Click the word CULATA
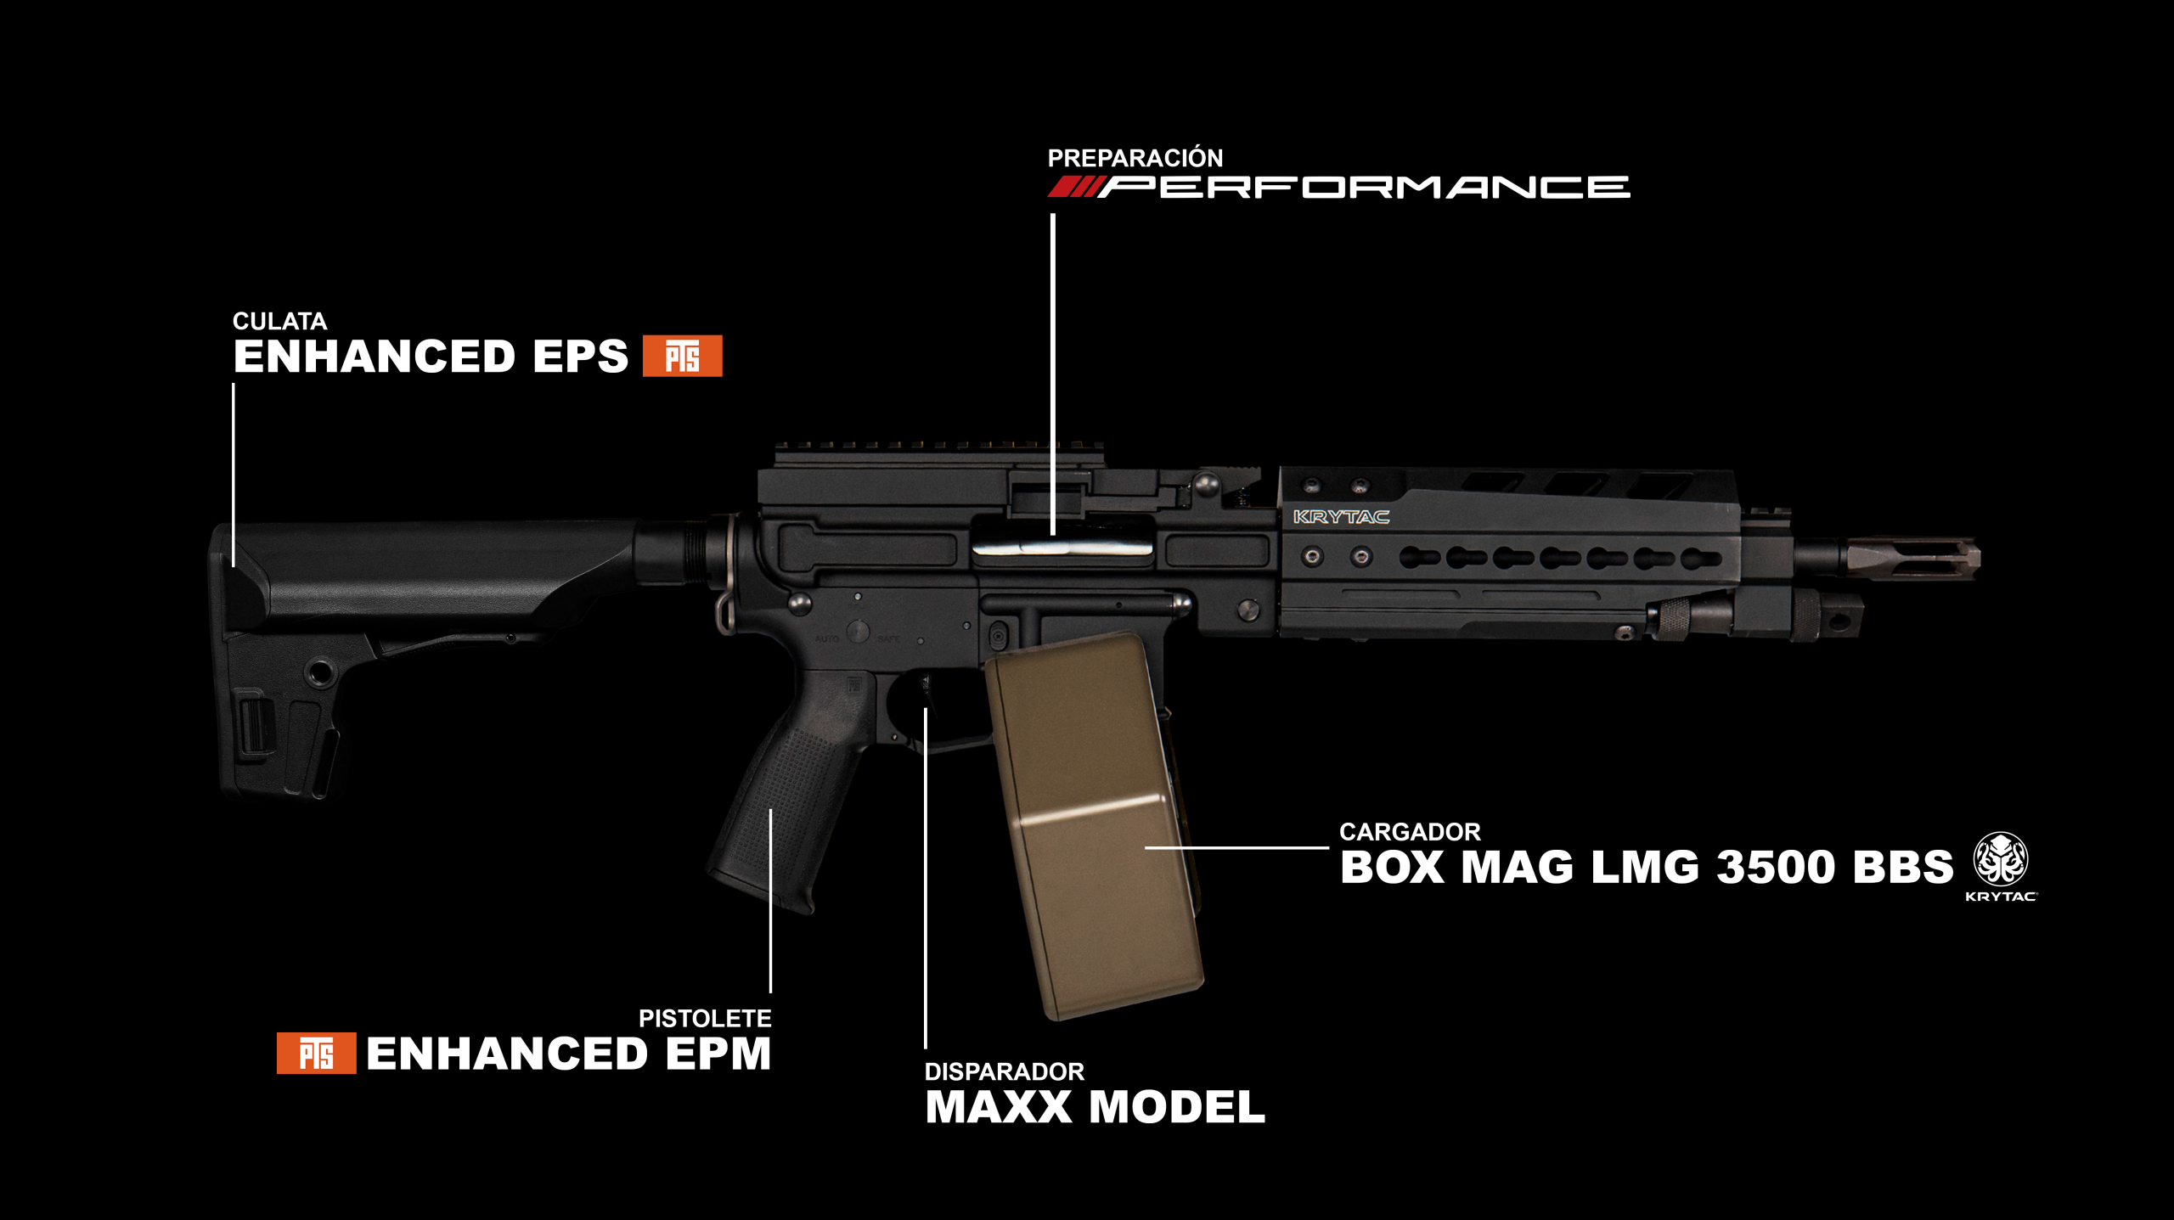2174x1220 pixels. [279, 322]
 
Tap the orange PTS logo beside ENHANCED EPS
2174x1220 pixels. [682, 356]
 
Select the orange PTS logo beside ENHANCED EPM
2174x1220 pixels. [316, 1054]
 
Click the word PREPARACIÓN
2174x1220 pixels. [1135, 158]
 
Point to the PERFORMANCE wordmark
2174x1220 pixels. [1364, 187]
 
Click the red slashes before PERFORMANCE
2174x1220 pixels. [1075, 187]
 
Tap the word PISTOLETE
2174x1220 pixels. [705, 1019]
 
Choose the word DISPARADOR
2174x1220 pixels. [1004, 1072]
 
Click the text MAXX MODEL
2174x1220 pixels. [1095, 1107]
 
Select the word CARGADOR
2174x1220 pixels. [1410, 832]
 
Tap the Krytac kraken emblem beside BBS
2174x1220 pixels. [2000, 859]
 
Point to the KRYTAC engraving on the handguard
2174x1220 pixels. [1341, 517]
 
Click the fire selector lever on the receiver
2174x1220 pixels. [858, 631]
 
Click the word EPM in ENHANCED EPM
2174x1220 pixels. [718, 1054]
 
